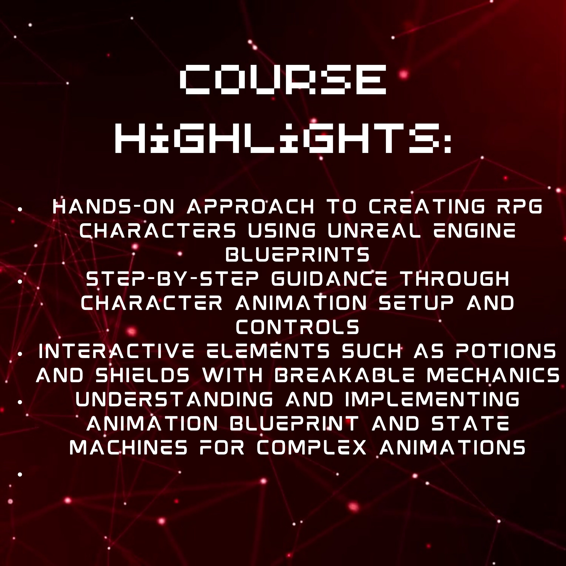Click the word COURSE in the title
coord(282,79)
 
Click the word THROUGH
coord(455,279)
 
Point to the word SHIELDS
coord(143,375)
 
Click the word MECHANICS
coord(493,375)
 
